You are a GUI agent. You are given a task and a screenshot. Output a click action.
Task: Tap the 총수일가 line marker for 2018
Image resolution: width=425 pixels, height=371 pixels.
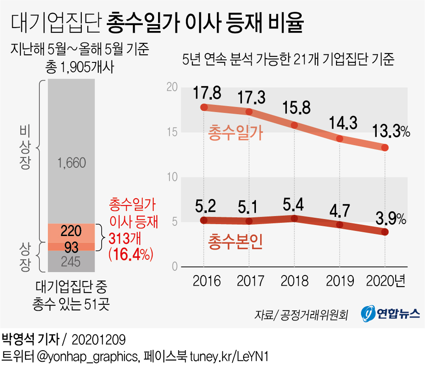294,125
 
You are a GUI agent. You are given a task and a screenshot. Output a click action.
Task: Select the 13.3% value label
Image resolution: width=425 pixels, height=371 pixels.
390,132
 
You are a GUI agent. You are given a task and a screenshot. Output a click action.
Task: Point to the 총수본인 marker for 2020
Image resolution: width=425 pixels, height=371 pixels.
385,232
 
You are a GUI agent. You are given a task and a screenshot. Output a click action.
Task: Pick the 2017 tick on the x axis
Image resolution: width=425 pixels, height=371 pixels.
250,281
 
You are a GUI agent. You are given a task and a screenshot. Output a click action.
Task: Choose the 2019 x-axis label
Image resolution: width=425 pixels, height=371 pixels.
340,281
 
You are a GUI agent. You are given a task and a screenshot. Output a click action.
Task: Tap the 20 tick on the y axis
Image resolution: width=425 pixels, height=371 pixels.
171,87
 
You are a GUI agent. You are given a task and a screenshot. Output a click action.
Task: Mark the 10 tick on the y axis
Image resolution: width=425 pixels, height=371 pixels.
171,177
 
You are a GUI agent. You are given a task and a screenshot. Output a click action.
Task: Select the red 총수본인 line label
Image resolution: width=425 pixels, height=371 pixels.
236,241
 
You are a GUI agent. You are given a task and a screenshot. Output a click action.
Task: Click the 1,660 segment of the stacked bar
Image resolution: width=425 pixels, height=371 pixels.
71,163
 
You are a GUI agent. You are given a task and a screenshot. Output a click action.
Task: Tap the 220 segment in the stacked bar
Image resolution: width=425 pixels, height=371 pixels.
71,231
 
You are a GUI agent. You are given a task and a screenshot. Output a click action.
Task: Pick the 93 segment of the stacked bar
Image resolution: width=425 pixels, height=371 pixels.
71,247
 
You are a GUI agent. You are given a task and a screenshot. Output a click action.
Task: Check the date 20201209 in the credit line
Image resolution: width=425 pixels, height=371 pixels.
99,340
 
